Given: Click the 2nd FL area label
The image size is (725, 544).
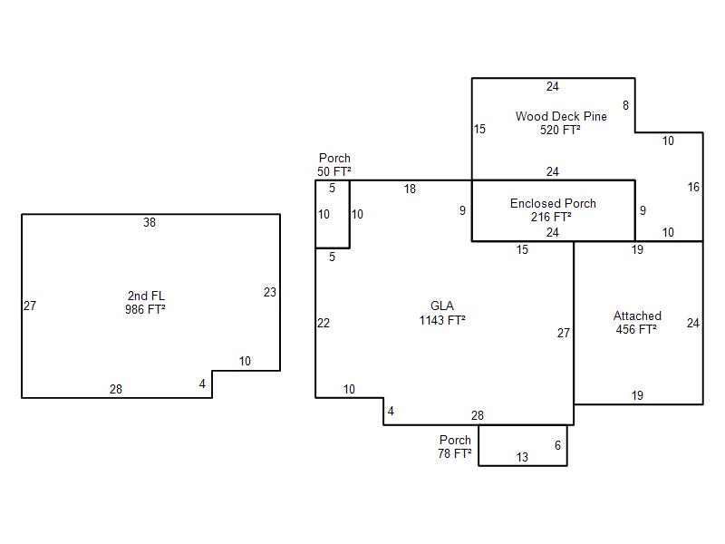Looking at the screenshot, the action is tap(146, 296).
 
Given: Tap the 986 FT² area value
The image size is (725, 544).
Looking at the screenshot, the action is tap(145, 309).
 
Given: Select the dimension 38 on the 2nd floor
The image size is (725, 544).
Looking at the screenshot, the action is tap(150, 222).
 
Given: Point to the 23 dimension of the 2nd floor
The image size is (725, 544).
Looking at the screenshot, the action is tap(270, 292).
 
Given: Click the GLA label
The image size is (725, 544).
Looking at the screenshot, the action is tap(442, 306).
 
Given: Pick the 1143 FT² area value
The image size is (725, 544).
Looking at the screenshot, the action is tap(442, 320).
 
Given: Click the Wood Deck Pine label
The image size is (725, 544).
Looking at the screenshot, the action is tap(561, 116).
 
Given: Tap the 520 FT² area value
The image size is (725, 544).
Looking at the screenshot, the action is tap(560, 130).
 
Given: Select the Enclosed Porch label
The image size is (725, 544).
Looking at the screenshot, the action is tap(553, 203).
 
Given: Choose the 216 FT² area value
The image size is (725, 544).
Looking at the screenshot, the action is tap(551, 217).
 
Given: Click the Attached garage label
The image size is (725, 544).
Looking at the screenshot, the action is tap(637, 316).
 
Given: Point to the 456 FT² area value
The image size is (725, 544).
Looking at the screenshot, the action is tap(636, 329).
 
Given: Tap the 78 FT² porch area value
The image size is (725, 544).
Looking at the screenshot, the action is tap(455, 453).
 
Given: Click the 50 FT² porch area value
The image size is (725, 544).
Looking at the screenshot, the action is tap(333, 171).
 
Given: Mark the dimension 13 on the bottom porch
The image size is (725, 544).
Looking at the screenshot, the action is tap(522, 457).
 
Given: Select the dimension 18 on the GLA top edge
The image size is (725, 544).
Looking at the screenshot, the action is tap(410, 189).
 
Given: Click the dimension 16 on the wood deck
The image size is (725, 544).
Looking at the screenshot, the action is tap(693, 187).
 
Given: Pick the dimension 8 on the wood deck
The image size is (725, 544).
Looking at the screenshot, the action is tap(625, 105).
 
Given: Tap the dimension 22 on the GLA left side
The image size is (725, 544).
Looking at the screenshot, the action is tap(324, 323).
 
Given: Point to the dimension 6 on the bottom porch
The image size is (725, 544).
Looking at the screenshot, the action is tap(557, 445).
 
